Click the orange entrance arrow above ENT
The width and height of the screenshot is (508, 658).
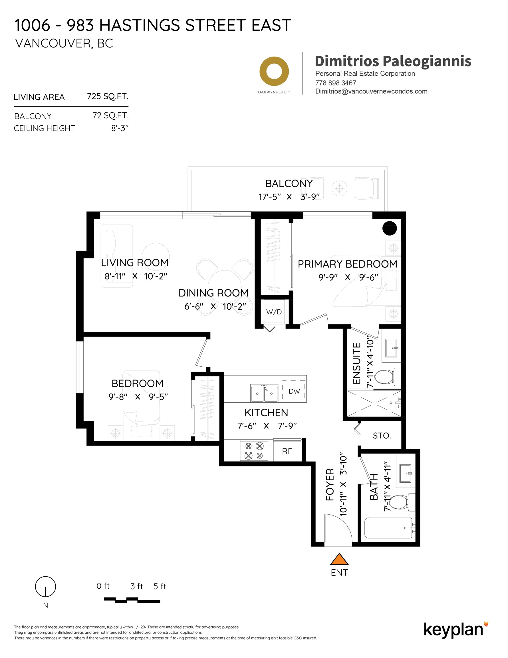point(339,559)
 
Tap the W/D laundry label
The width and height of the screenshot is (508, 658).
point(274,312)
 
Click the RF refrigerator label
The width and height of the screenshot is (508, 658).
point(287,451)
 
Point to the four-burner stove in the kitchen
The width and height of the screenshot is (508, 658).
point(254,450)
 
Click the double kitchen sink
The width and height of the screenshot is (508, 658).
point(264,393)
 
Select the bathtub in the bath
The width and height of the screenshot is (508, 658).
point(388,528)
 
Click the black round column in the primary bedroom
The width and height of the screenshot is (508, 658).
point(389,228)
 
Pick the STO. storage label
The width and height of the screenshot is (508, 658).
point(382,436)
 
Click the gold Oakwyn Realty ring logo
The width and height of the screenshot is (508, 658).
point(274,71)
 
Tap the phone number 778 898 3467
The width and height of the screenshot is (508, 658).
point(335,83)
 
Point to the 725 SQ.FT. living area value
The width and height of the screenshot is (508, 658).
point(108,97)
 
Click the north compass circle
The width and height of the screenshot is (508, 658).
point(45,587)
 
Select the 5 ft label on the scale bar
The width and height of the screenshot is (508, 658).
point(160,586)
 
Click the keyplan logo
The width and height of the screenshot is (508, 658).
point(455,629)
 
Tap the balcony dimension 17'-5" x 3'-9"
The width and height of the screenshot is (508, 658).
point(289,197)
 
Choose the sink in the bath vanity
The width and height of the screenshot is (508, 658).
point(405,473)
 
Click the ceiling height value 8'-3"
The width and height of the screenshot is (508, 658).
point(120,128)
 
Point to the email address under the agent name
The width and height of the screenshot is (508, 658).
point(371,91)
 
